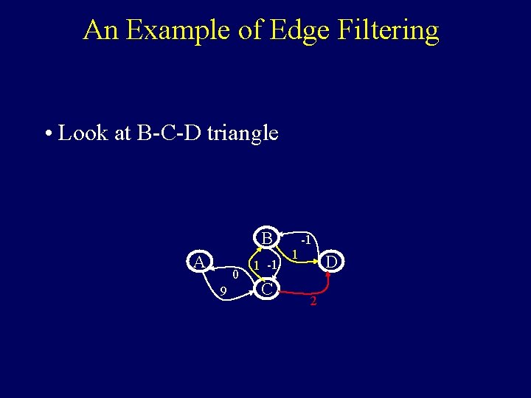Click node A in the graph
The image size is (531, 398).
tap(198, 262)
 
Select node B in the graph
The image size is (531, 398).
tap(266, 238)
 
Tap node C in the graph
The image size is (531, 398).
tap(268, 289)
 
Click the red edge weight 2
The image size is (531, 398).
tap(313, 301)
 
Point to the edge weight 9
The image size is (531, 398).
tap(223, 293)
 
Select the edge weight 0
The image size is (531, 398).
tap(235, 274)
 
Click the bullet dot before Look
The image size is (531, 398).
tap(48, 135)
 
